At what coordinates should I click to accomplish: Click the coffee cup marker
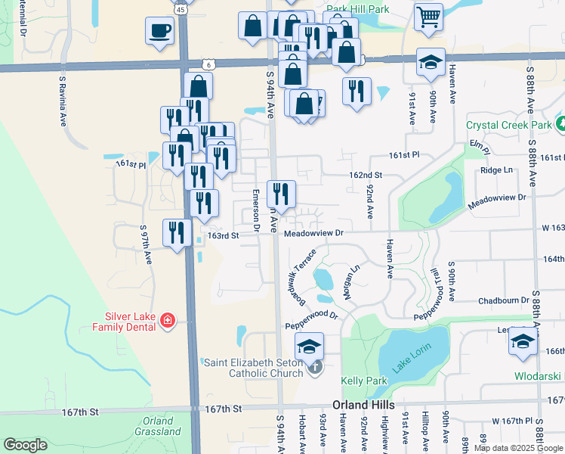(159, 31)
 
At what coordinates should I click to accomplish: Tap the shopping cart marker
(428, 17)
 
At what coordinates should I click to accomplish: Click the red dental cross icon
(168, 322)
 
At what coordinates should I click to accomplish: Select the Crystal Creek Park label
(508, 124)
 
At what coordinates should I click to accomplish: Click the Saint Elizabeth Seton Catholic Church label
(252, 367)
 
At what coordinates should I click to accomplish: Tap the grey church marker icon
(315, 368)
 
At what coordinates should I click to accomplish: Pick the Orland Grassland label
(160, 426)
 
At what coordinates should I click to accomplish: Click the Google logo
(25, 445)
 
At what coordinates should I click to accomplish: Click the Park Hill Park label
(357, 9)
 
